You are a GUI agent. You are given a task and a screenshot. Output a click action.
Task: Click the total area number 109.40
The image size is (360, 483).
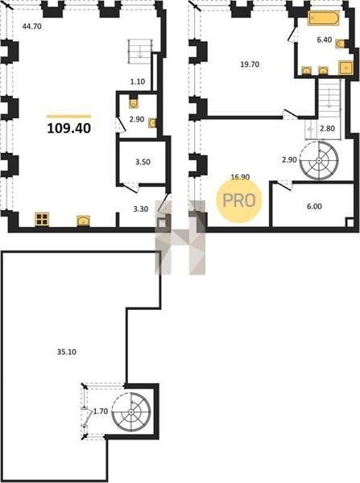pyautogui.click(x=69, y=128)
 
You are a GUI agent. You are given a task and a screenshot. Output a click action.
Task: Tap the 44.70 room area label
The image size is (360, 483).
pyautogui.click(x=31, y=27)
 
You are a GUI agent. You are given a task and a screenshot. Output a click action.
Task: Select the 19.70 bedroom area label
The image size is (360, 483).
pyautogui.click(x=250, y=64)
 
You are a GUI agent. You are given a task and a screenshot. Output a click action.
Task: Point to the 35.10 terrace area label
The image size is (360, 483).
pyautogui.click(x=67, y=352)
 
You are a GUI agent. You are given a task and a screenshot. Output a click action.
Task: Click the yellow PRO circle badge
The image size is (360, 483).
pyautogui.click(x=239, y=200)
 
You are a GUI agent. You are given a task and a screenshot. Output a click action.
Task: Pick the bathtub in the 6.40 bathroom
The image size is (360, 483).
pyautogui.click(x=323, y=19)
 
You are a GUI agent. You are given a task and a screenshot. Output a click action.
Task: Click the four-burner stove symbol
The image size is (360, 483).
pyautogui.click(x=42, y=219)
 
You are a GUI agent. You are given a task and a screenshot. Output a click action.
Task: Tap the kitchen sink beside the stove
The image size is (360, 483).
pyautogui.click(x=83, y=221)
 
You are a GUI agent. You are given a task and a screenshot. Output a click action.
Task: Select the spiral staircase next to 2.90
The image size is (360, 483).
pyautogui.click(x=319, y=160)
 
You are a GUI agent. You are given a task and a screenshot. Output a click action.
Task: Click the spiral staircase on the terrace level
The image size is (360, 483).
pyautogui.click(x=131, y=412)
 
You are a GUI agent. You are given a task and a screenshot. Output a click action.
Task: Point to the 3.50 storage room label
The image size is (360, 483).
pyautogui.click(x=143, y=162)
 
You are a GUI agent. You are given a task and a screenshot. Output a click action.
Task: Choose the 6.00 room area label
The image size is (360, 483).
pyautogui.click(x=314, y=206)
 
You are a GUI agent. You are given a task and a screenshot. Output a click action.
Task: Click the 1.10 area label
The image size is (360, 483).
pyautogui.click(x=138, y=81)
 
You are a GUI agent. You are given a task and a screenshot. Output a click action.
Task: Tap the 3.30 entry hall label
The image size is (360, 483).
pyautogui.click(x=141, y=209)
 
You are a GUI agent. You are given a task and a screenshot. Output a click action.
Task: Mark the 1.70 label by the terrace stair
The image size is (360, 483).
pyautogui.click(x=101, y=411)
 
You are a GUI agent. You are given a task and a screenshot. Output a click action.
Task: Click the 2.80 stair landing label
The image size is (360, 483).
pyautogui.click(x=327, y=128)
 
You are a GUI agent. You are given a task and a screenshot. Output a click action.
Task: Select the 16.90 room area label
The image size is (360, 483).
pyautogui.click(x=240, y=177)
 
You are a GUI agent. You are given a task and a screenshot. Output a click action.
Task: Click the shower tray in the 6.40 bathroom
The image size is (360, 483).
pyautogui.click(x=346, y=68)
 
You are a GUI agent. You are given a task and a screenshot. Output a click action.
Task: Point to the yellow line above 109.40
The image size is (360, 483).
pyautogui.click(x=69, y=117)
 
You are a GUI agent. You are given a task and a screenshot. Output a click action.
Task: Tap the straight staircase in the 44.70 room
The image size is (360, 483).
pyautogui.click(x=140, y=52)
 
